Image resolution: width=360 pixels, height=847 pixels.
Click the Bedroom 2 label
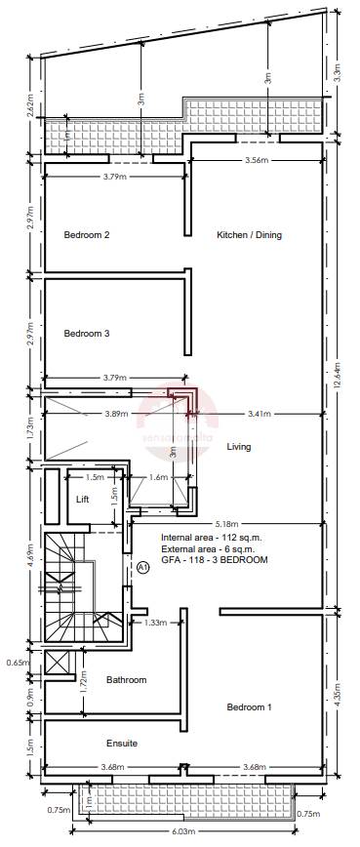[87, 235]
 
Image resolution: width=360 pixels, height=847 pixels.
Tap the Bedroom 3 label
[87, 334]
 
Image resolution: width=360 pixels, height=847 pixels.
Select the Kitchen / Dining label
[249, 235]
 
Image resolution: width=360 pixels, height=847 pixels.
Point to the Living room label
[239, 447]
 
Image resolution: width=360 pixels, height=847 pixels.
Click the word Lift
[83, 499]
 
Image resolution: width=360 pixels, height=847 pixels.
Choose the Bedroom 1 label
[250, 706]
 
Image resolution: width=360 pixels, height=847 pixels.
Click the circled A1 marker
[142, 566]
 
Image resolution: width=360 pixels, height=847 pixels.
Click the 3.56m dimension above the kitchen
[256, 159]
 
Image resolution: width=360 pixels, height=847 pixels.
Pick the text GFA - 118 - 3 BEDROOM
[214, 560]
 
